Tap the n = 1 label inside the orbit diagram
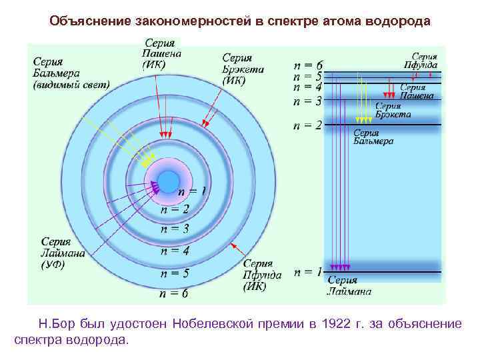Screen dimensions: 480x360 [x=191, y=191]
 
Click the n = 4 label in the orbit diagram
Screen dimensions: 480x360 [x=174, y=251]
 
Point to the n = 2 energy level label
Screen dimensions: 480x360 [x=308, y=125]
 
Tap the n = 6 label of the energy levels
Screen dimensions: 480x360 [x=308, y=65]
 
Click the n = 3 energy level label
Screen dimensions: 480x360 [x=308, y=101]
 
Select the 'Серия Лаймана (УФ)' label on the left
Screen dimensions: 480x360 [x=59, y=253]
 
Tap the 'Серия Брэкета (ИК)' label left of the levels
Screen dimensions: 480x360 [x=243, y=69]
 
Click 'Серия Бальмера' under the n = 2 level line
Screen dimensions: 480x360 [x=373, y=137]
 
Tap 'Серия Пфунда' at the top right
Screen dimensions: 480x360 [x=421, y=61]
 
